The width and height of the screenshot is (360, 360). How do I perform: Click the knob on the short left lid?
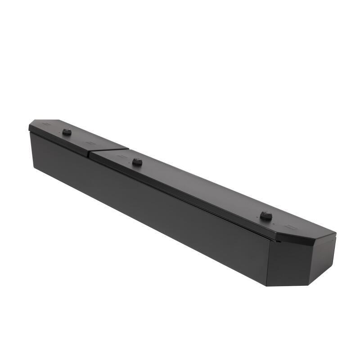coord(67,132)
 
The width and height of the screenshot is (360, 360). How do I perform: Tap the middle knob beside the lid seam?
coord(137,162)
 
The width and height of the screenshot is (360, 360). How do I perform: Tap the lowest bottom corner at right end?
coord(266,286)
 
